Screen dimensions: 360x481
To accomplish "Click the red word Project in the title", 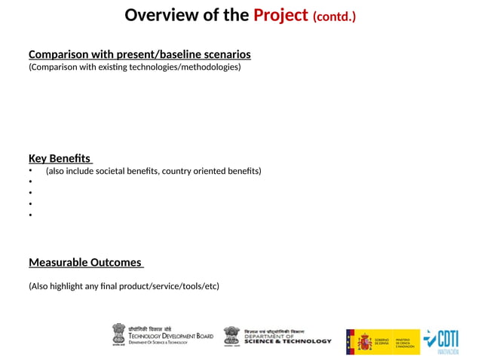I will point(280,15).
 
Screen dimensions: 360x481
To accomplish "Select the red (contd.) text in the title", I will point(334,17).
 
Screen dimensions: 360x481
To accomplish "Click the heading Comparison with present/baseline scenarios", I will point(139,54).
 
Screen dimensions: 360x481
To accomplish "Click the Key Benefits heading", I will point(60,158).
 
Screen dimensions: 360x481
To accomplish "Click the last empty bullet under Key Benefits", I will point(31,215).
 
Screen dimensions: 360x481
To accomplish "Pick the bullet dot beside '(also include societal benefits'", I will point(31,171).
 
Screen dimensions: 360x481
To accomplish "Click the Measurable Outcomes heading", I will point(85,262).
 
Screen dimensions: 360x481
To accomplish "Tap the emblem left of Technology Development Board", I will point(119,334).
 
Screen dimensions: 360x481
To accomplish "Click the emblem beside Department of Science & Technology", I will point(231,336).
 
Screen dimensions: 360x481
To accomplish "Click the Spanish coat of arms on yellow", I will point(366,341).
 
